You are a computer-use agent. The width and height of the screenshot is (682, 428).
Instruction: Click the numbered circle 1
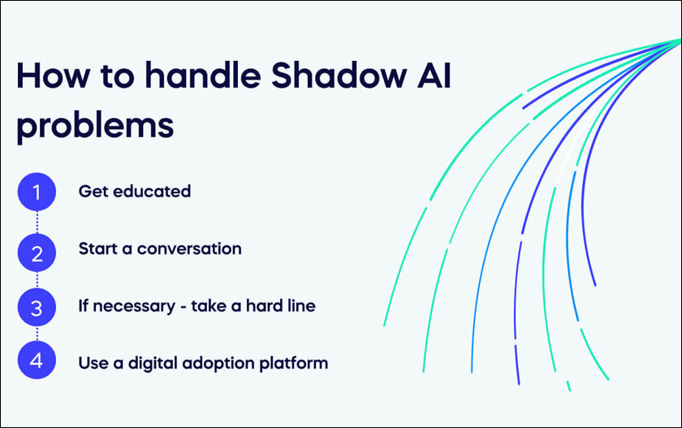37,192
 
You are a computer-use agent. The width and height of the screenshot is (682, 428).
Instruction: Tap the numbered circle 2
37,253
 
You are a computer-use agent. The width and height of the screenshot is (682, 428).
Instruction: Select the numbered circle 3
37,307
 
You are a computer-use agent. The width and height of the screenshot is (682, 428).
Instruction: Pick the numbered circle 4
37,360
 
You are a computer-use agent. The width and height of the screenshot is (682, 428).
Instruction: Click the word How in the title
54,76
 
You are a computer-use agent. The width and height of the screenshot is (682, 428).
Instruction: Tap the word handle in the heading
203,76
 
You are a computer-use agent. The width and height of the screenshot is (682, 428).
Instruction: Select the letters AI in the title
434,76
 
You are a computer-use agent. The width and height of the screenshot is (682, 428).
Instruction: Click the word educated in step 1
152,192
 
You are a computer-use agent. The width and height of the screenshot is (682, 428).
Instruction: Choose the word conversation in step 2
189,249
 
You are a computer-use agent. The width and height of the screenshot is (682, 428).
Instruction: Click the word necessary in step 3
134,307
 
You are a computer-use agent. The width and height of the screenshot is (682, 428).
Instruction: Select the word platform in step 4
294,364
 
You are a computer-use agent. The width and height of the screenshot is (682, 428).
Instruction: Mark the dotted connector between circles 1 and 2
37,223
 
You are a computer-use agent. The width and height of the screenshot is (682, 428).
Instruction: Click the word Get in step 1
93,192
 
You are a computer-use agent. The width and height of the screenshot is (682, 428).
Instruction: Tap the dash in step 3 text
183,308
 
